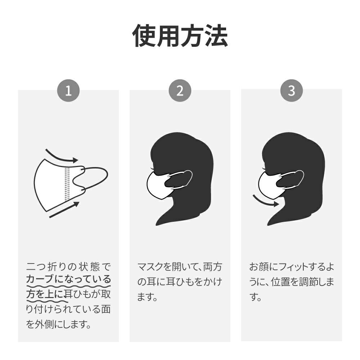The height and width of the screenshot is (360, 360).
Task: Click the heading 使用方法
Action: tap(180, 36)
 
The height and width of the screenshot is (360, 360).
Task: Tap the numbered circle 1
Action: tap(68, 90)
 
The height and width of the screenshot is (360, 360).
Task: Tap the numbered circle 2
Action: tap(180, 90)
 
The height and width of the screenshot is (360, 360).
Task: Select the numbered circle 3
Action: tap(292, 90)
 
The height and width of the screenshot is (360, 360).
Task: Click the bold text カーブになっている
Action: tap(68, 279)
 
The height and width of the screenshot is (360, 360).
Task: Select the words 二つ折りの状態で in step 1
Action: tap(68, 266)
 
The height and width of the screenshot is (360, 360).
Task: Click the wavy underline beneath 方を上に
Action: tap(48, 301)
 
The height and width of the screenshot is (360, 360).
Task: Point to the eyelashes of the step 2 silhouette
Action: tap(152, 169)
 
